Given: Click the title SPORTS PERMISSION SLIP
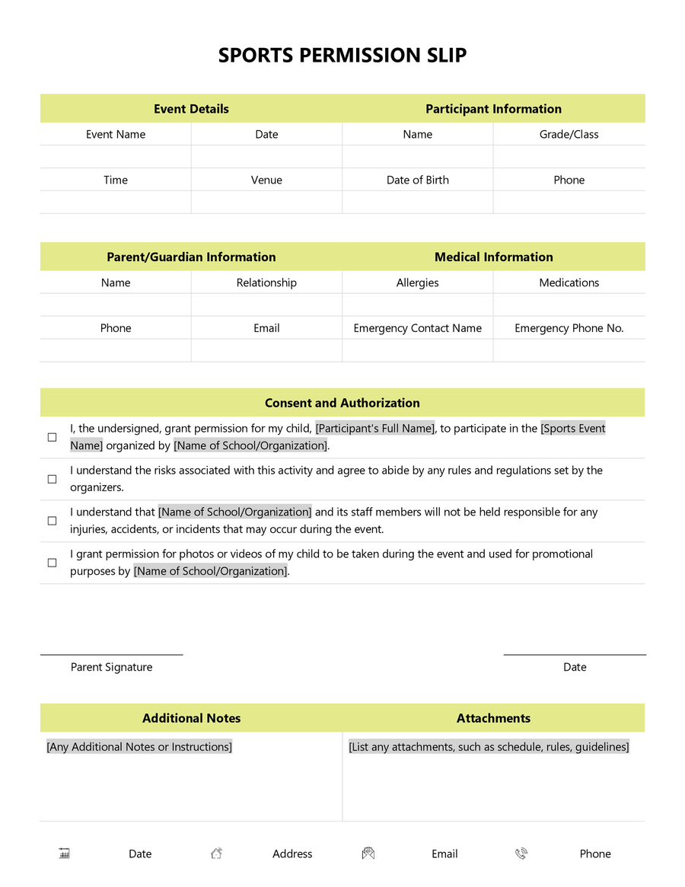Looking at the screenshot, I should pos(342,56).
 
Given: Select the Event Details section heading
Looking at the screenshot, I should pos(191,109).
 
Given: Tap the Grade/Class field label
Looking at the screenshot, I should pos(569,135).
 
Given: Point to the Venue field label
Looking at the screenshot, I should pos(266,180).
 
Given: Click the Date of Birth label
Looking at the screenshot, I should pos(417,180).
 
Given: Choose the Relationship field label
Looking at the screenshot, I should pos(266,282).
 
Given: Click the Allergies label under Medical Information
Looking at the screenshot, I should pos(417,282).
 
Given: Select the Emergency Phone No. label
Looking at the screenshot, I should pos(569,328).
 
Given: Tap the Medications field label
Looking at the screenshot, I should pos(569,282).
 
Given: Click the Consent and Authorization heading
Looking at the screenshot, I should pos(342,403).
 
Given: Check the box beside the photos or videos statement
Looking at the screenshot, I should pos(53,563).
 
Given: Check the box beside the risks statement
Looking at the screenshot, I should pos(53,479).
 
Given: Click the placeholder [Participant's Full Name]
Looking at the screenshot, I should pos(375,429).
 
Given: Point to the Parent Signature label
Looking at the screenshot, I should pos(111,667).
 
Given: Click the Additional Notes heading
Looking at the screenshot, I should pos(191,718).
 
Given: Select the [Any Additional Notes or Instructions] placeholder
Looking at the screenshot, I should pos(139,747).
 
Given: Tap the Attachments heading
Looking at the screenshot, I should pos(493,718).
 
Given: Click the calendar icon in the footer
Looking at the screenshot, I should pos(65,853).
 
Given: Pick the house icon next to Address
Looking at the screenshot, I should pos(216,853).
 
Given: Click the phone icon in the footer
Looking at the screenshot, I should pos(521,853).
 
